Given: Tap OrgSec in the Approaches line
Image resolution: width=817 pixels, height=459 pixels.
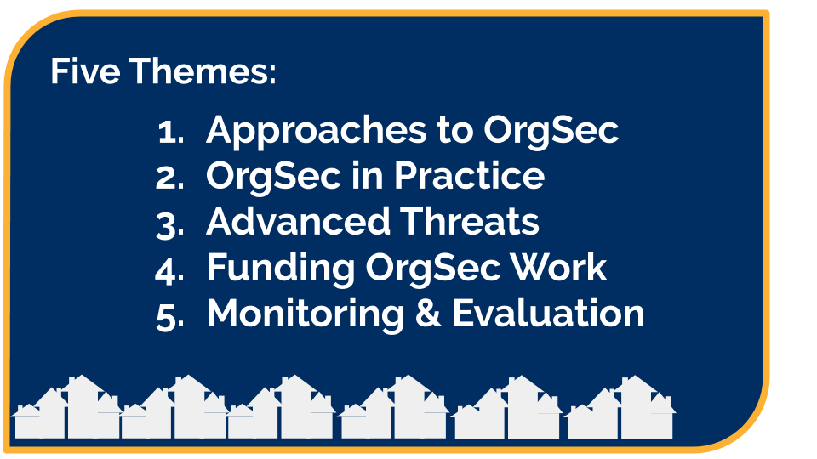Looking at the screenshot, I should pyautogui.click(x=551, y=132).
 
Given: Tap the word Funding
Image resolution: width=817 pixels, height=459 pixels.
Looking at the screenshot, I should pyautogui.click(x=280, y=269).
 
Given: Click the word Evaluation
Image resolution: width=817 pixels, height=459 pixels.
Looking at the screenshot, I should pyautogui.click(x=548, y=314).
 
